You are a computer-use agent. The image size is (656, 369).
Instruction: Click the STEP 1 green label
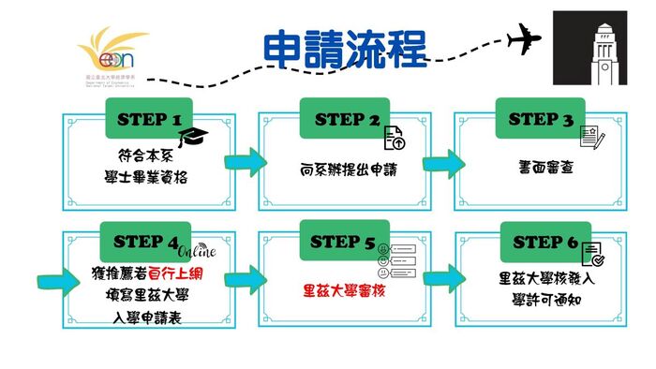pos(149,119)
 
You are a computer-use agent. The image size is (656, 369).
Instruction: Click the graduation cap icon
pos(195,138)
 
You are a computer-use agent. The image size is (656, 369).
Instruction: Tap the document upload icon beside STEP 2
pos(394,138)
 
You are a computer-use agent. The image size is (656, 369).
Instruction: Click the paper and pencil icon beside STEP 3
pos(589,136)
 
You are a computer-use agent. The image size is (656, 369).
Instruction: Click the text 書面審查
pos(540,165)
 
